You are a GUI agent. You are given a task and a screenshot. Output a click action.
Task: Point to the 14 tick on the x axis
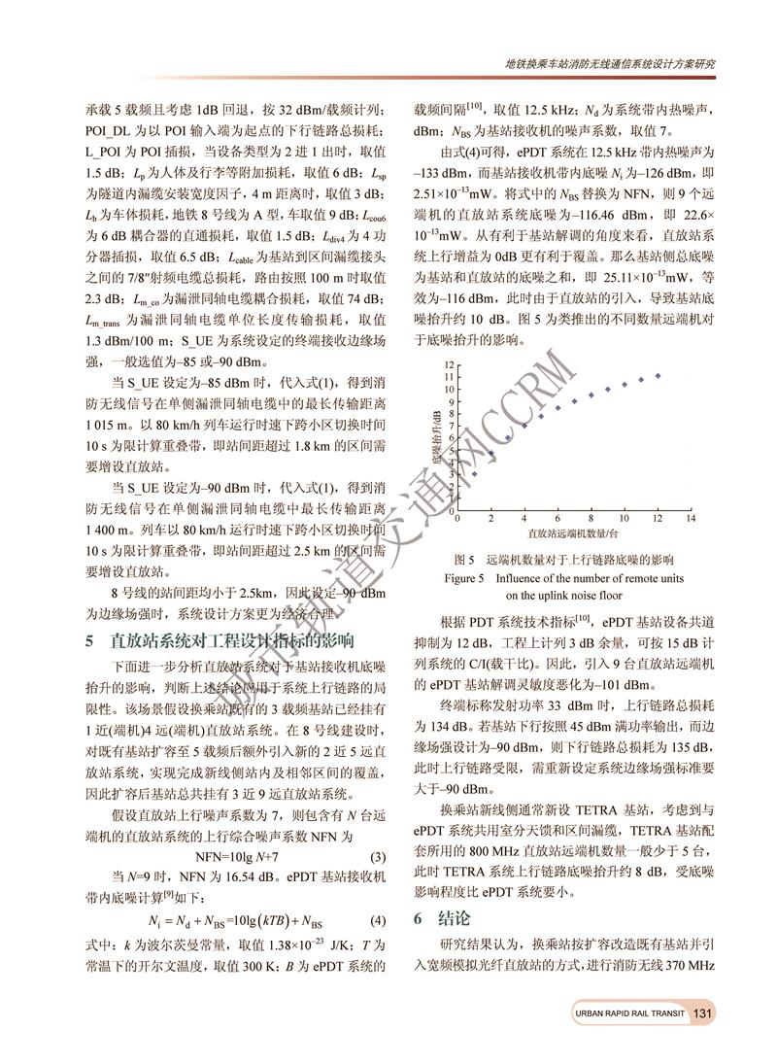point(690,520)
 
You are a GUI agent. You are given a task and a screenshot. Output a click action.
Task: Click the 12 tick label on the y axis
point(450,363)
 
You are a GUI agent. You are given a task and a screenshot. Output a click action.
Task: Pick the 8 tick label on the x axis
point(590,520)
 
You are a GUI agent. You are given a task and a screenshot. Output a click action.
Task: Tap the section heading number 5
point(90,641)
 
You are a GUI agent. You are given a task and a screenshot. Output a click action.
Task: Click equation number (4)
point(380,920)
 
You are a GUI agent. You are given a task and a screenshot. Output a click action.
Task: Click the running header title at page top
point(611,63)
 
